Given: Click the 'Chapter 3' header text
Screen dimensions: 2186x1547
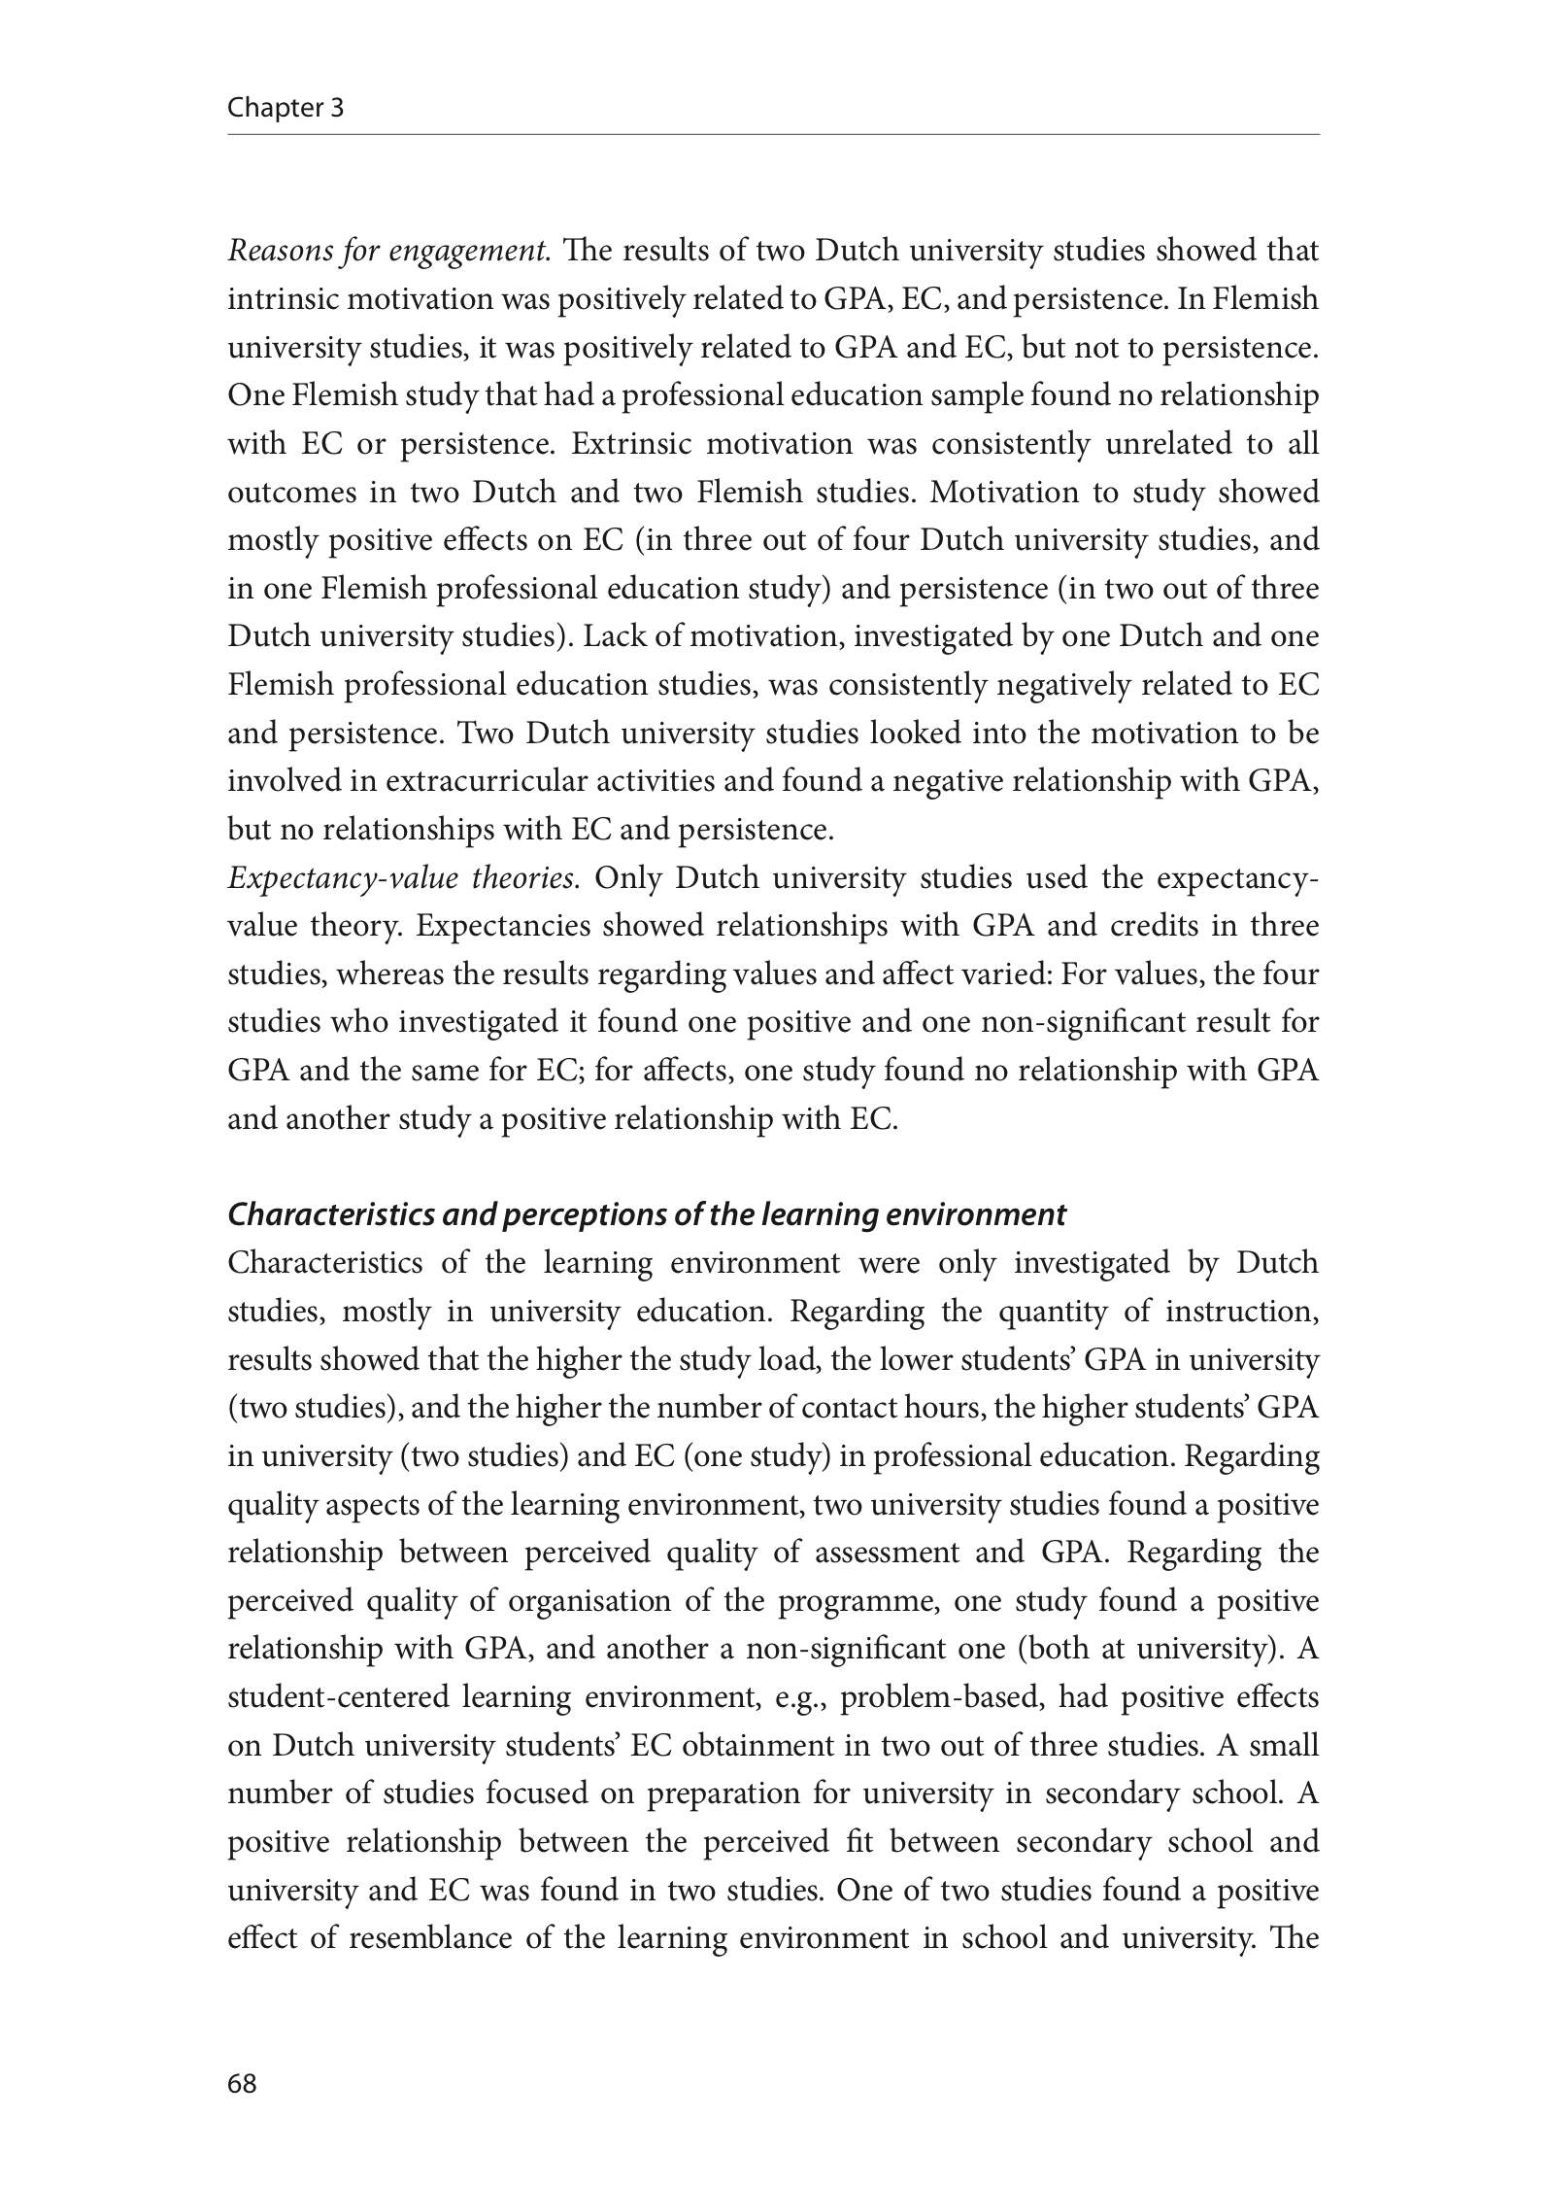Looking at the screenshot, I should coord(286,107).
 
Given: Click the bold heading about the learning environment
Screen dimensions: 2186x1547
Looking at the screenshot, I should coord(646,1215).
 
